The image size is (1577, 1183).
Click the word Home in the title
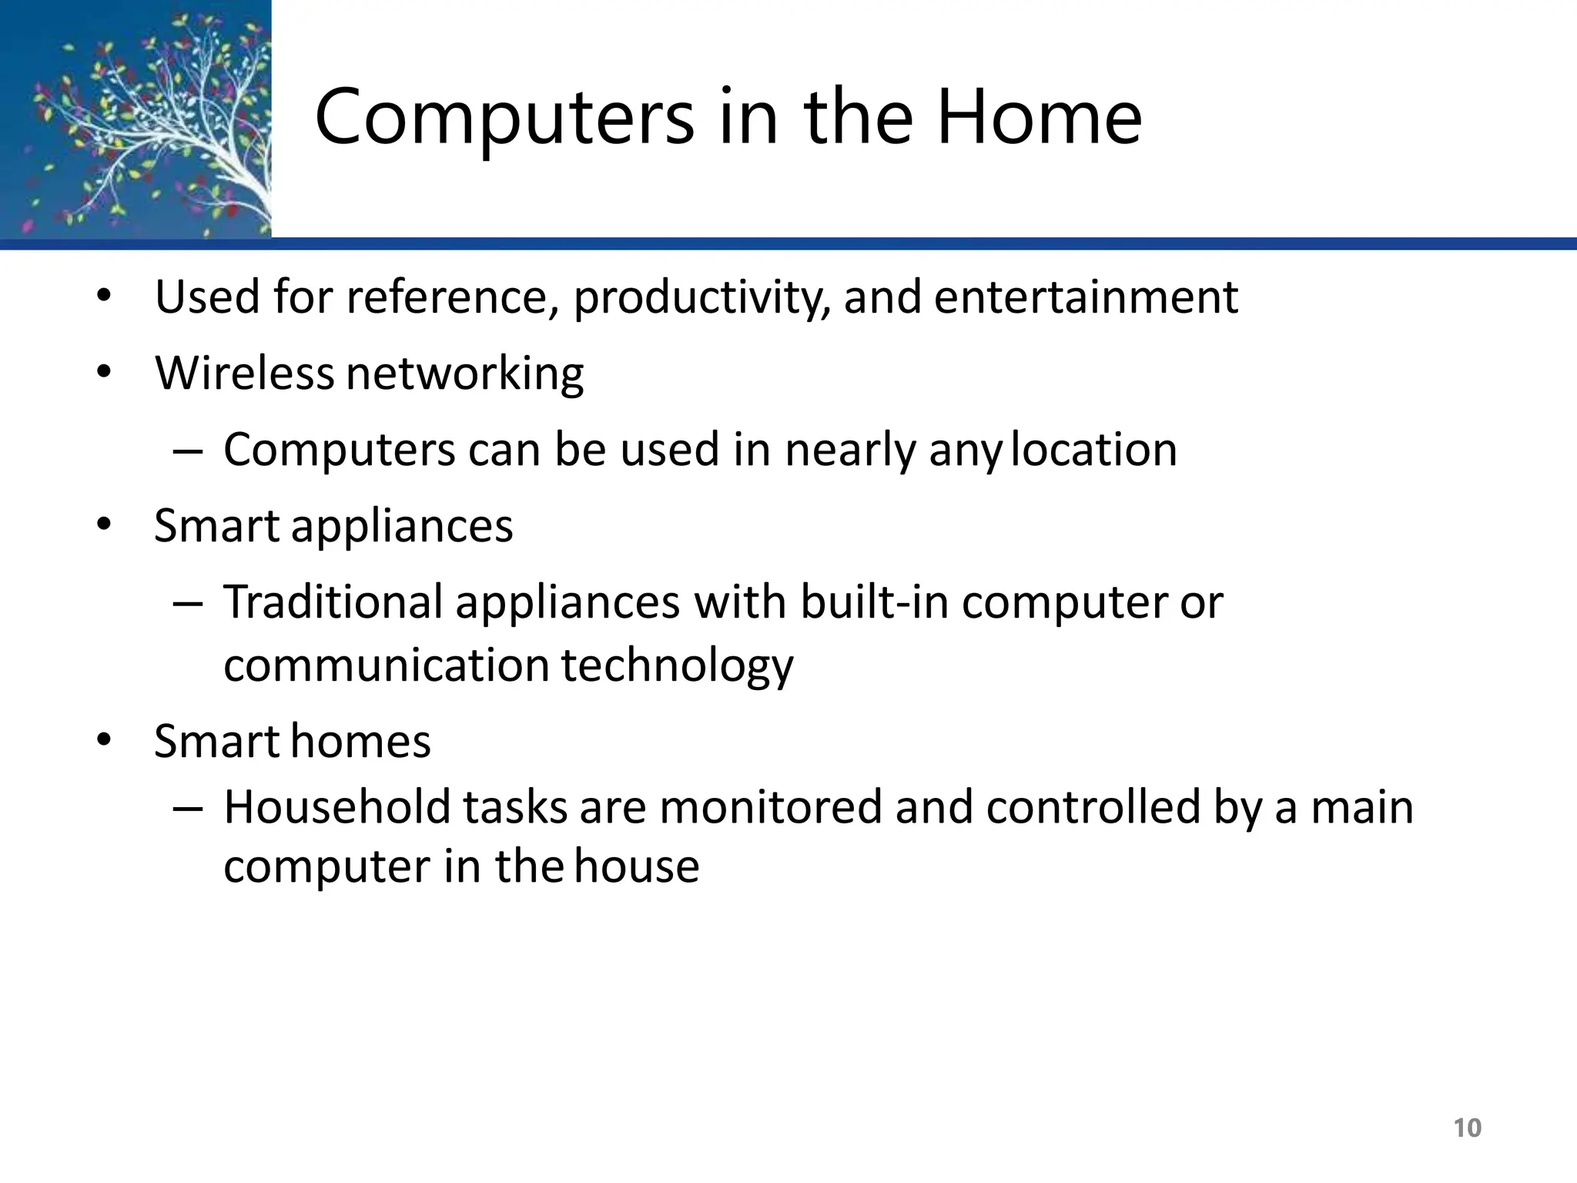click(x=1039, y=117)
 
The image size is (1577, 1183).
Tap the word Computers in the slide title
click(x=504, y=117)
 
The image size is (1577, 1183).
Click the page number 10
click(x=1467, y=1128)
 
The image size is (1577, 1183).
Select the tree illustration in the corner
click(x=136, y=119)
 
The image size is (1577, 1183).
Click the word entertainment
click(x=1086, y=297)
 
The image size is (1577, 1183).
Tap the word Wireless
click(x=244, y=373)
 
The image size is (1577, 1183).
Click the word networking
click(x=464, y=374)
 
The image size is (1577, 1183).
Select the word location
click(x=1093, y=449)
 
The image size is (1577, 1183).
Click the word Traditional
click(x=333, y=602)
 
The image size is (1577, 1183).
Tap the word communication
click(x=386, y=665)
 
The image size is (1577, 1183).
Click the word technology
click(x=677, y=666)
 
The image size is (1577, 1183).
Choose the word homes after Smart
click(x=361, y=741)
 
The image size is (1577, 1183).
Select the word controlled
click(x=1093, y=807)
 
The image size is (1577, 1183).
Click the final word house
click(x=636, y=866)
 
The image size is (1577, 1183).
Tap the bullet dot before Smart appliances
click(x=104, y=525)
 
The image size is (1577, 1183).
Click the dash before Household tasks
click(x=188, y=809)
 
